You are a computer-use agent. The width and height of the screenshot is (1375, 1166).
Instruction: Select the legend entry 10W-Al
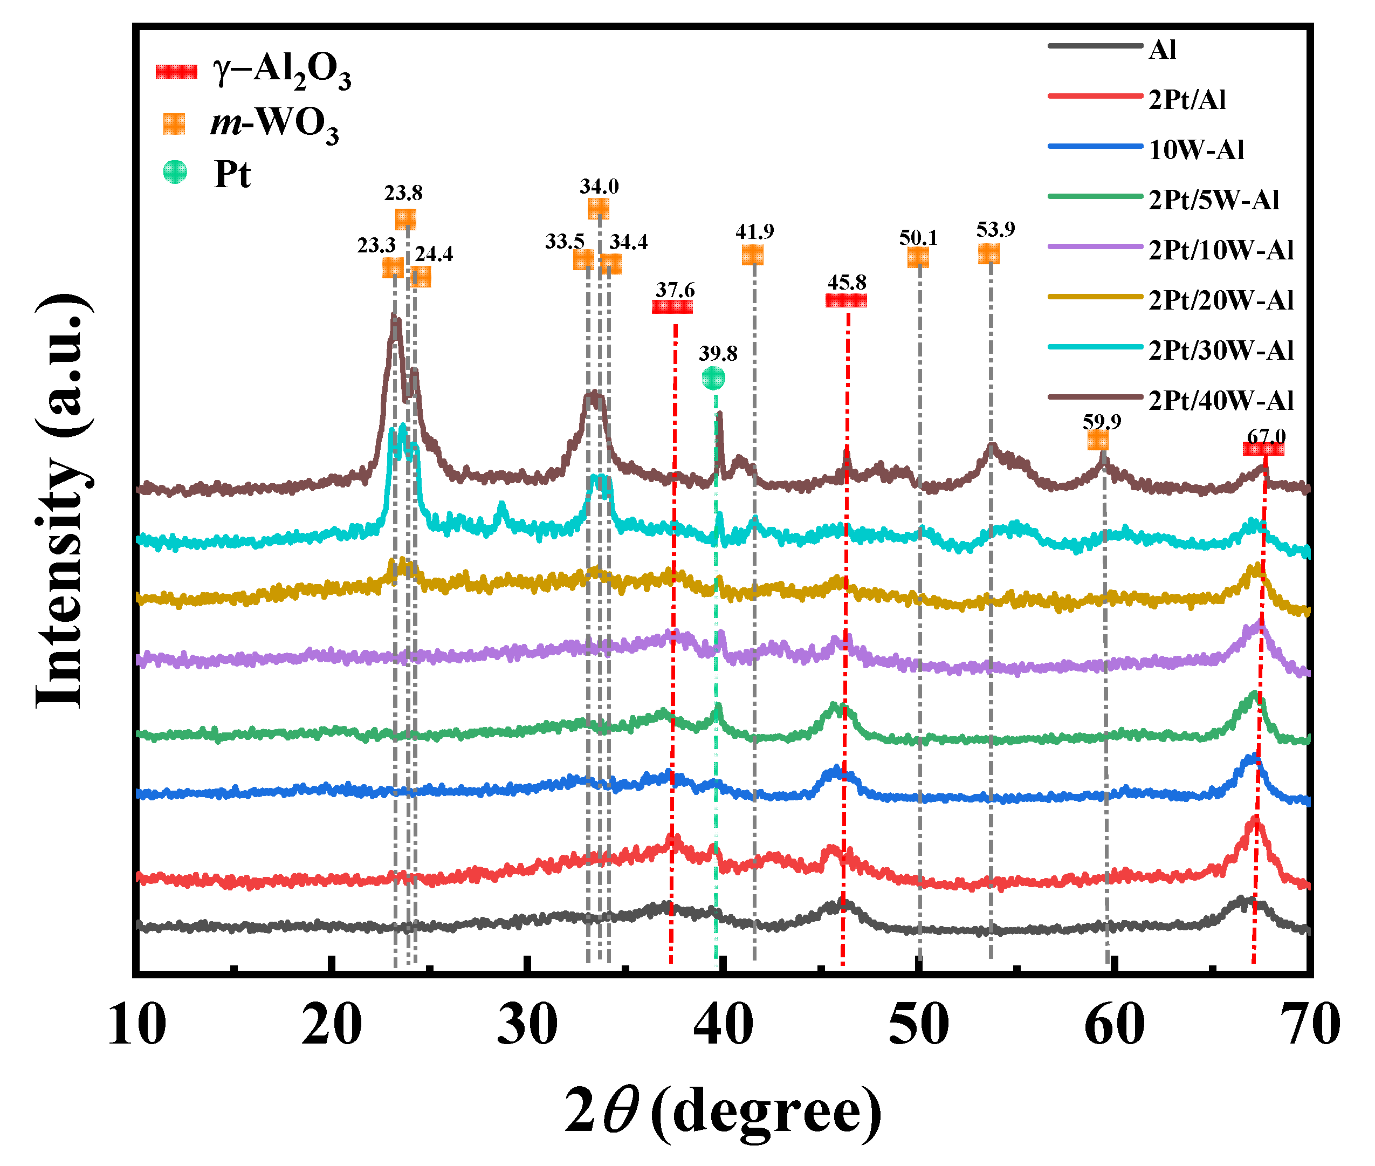point(1195,150)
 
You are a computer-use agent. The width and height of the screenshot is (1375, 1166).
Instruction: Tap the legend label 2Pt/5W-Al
point(1213,200)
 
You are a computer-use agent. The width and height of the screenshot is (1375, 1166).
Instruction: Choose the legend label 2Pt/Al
point(1187,100)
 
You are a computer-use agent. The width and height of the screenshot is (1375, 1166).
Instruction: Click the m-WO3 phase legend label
point(274,124)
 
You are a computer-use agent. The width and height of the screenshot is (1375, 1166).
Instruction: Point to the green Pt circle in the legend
point(175,173)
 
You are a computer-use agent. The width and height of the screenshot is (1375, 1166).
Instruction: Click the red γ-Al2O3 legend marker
point(176,71)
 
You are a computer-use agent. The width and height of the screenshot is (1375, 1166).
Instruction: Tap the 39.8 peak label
point(718,354)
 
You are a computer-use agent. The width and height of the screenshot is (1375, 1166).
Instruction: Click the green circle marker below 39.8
point(713,378)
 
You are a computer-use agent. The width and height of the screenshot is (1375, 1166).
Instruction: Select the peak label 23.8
point(403,193)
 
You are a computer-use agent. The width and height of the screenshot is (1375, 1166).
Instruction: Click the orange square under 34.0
point(598,209)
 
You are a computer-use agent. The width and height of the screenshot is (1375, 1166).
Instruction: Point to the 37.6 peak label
point(675,290)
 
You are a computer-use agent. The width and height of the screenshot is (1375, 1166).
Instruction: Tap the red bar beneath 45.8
point(845,301)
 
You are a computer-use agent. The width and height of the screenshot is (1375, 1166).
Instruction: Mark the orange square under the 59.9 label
point(1097,440)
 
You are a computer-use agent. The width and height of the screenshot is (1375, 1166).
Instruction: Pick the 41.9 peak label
point(754,231)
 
